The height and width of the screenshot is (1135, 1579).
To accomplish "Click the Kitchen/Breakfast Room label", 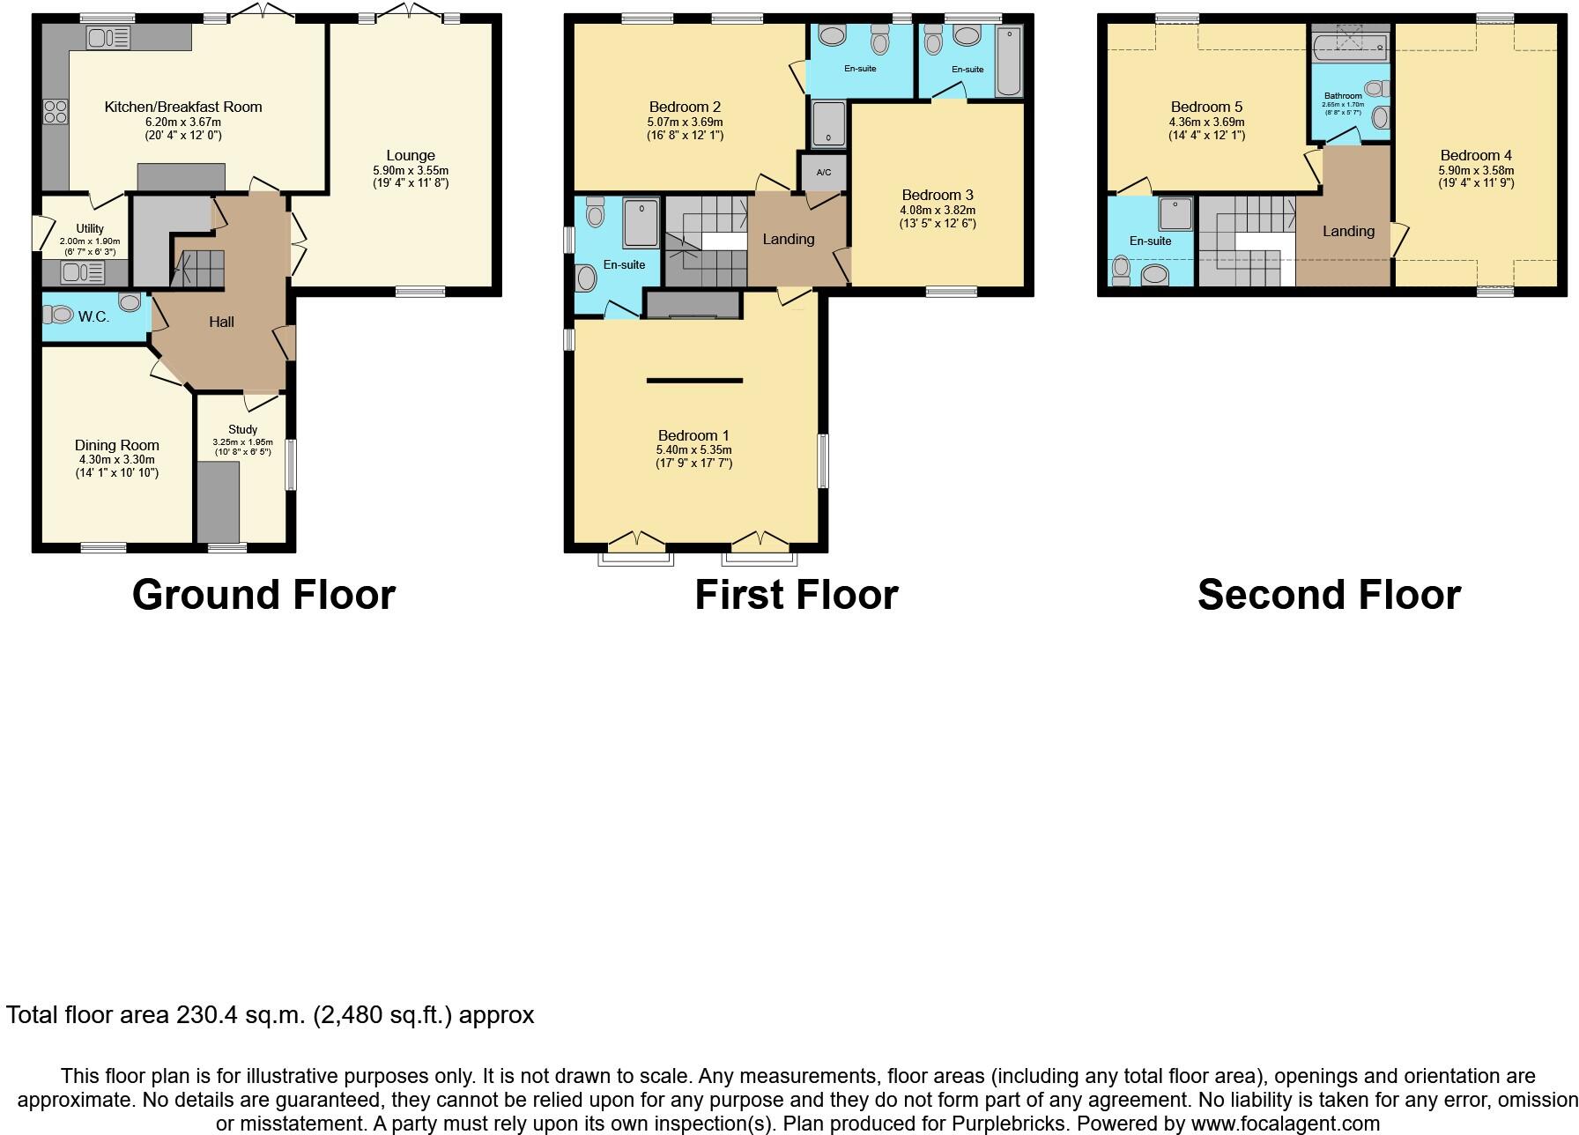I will pyautogui.click(x=183, y=107).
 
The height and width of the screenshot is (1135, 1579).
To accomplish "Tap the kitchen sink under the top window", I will pyautogui.click(x=108, y=38).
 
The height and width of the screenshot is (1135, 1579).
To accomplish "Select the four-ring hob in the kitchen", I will pyautogui.click(x=56, y=111).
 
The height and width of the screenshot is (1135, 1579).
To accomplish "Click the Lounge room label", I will pyautogui.click(x=411, y=155).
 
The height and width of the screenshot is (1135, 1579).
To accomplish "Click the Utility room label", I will pyautogui.click(x=90, y=228).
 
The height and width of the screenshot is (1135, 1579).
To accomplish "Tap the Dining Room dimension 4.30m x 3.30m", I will pyautogui.click(x=117, y=459).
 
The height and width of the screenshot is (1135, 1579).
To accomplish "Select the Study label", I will pyautogui.click(x=242, y=429).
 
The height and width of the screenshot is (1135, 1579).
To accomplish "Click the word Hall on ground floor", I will pyautogui.click(x=221, y=322).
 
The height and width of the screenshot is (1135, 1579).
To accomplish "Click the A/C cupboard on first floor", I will pyautogui.click(x=824, y=172).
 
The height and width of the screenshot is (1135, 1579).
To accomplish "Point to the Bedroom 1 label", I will pyautogui.click(x=693, y=435).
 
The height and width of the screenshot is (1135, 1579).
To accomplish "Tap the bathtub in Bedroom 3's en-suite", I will pyautogui.click(x=1008, y=61).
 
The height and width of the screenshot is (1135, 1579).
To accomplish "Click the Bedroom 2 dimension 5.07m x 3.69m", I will pyautogui.click(x=685, y=122).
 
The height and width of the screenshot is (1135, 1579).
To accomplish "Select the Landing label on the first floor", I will pyautogui.click(x=788, y=239).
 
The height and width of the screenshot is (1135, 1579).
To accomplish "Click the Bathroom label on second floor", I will pyautogui.click(x=1343, y=95).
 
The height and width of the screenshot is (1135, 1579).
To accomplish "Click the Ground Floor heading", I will pyautogui.click(x=263, y=594).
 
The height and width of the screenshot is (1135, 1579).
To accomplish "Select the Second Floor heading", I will pyautogui.click(x=1329, y=594).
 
